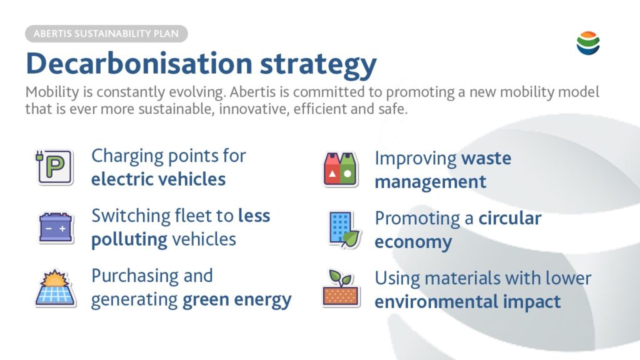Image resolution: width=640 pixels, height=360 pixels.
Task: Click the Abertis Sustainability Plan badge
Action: (106, 34)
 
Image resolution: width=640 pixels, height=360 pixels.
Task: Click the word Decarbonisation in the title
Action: (139, 63)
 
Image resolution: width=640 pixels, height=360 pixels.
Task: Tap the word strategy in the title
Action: (318, 65)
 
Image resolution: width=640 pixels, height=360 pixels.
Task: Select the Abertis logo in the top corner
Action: (588, 43)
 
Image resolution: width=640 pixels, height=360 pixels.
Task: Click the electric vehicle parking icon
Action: (55, 167)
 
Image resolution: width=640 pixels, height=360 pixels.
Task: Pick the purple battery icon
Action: (56, 227)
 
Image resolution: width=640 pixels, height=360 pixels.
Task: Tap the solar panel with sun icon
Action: (55, 288)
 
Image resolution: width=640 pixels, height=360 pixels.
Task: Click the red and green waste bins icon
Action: (340, 169)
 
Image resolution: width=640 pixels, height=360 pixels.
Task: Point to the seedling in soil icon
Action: (341, 288)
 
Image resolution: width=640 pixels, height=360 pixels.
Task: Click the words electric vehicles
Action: (158, 179)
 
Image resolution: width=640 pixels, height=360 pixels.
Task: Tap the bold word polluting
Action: (129, 240)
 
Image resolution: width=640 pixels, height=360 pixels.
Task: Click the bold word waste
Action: (486, 158)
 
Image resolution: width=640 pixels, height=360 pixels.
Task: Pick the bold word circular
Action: (510, 218)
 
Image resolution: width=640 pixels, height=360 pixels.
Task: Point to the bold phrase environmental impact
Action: (467, 302)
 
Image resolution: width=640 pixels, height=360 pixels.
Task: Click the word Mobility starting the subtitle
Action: (52, 92)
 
